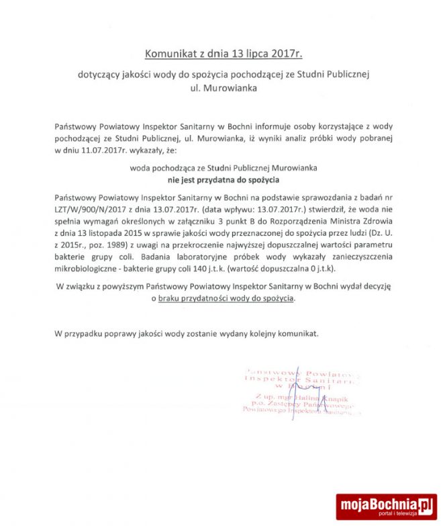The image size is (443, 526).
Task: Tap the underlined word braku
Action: (x=170, y=298)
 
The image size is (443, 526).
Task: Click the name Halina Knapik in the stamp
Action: (x=303, y=398)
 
